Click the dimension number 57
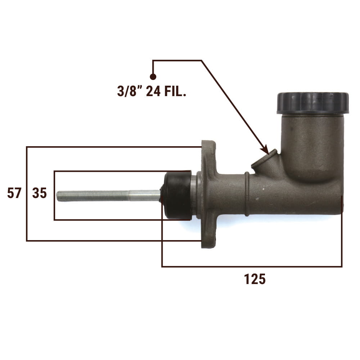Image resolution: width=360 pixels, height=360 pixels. point(14,193)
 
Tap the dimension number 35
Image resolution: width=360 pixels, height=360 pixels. point(40,193)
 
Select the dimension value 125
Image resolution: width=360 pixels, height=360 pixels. point(255,279)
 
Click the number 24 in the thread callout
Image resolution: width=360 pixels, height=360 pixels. point(153,91)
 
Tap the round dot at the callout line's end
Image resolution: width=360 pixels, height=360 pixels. point(153,77)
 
